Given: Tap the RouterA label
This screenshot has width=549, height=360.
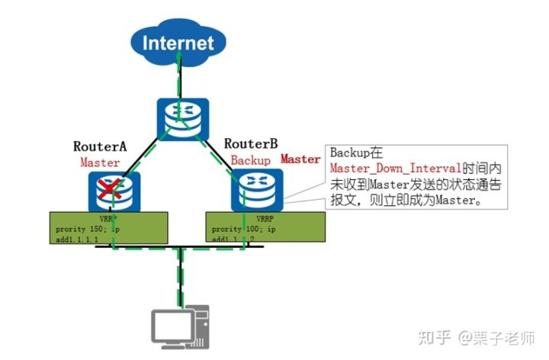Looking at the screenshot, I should pyautogui.click(x=99, y=146).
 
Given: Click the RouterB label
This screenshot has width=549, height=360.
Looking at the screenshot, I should pyautogui.click(x=251, y=143).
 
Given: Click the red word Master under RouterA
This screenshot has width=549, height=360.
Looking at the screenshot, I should pyautogui.click(x=100, y=162).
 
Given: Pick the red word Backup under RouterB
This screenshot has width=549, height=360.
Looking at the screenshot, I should pyautogui.click(x=251, y=161).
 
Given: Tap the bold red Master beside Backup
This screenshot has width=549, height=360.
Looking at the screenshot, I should pyautogui.click(x=300, y=159).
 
